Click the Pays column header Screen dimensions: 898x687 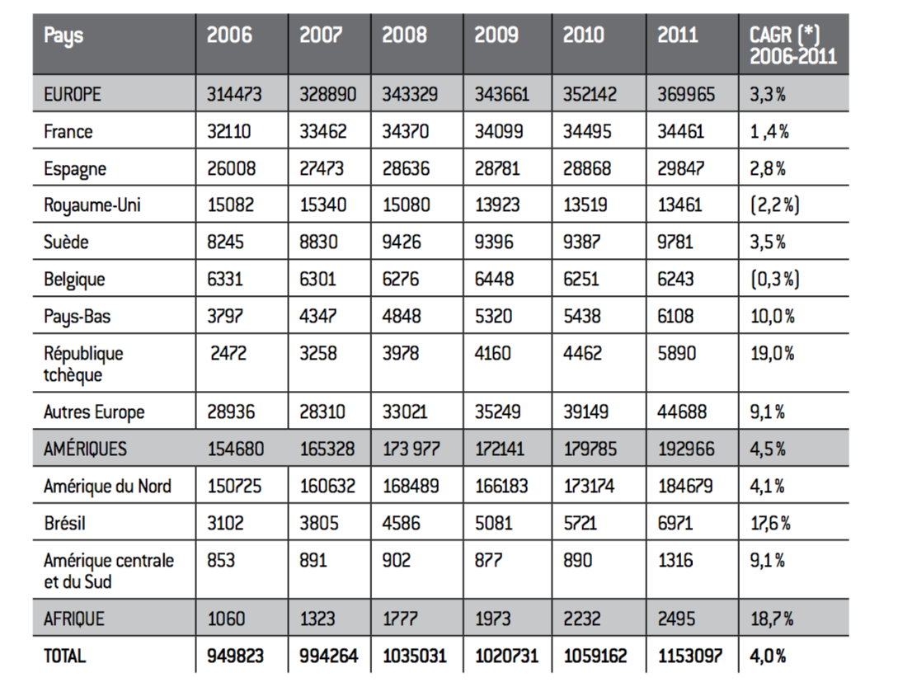coord(63,36)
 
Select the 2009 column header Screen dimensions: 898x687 coord(496,35)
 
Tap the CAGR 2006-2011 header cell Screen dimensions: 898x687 coord(793,45)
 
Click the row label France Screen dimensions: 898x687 coord(68,131)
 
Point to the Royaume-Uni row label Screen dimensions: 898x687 coord(92,205)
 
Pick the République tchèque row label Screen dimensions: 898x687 coord(83,364)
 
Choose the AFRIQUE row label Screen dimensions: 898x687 coord(74,619)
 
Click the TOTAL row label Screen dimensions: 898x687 coord(64,656)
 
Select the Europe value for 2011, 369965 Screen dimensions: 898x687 coord(686,94)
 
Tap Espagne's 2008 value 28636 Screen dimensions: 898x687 coord(406,168)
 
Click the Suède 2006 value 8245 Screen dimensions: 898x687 coord(225,242)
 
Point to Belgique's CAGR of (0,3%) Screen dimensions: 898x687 coord(775,279)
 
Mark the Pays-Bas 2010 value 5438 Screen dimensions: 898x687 coord(582,316)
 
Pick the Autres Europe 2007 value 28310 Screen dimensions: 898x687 coord(322,412)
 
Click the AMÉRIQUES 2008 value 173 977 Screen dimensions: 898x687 coord(411,449)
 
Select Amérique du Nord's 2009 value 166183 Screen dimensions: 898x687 coord(501,486)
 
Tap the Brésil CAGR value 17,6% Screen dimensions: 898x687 coord(771,523)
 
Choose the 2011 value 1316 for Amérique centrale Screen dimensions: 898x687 coord(675,560)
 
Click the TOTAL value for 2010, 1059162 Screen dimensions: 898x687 coord(595,656)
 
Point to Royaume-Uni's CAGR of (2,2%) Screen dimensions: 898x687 coord(775,205)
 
